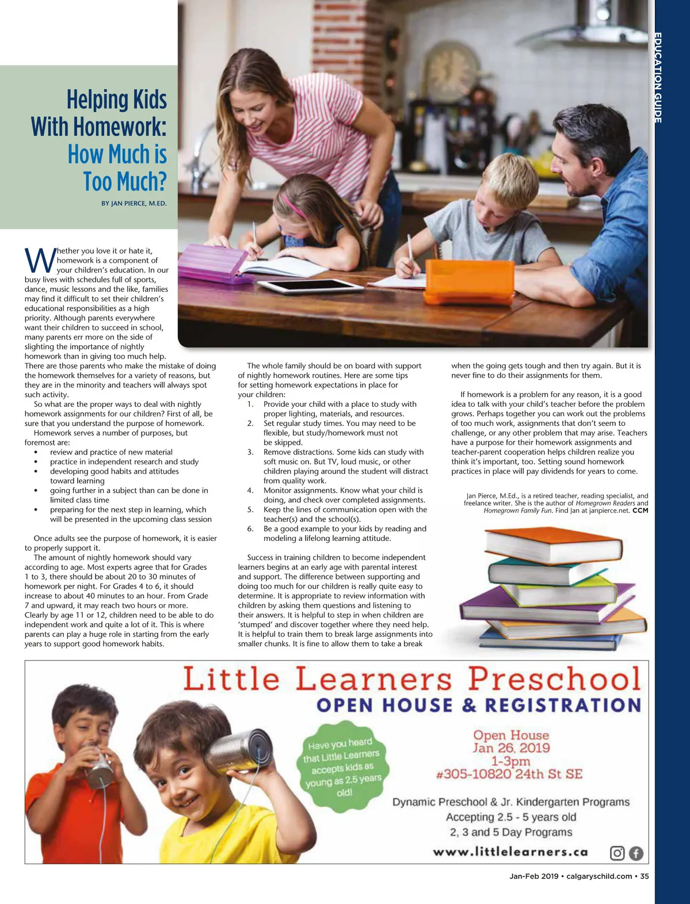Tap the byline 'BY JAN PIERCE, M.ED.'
134,203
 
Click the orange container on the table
469,281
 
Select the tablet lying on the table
309,286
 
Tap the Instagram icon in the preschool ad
617,853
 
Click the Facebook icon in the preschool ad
635,853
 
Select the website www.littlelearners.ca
510,852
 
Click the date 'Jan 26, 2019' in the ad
511,747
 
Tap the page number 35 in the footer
644,876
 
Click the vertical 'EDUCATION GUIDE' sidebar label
658,78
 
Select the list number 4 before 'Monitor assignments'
250,490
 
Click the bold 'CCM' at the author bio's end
640,510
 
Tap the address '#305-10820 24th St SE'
509,774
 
